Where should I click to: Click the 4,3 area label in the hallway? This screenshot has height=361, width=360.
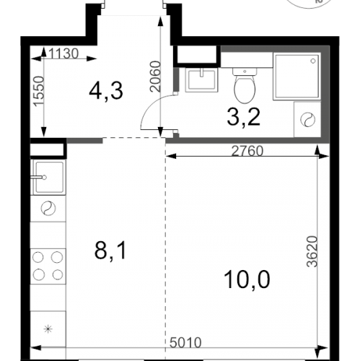coord(106,91)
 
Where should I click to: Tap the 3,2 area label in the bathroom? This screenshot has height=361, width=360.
coord(244,117)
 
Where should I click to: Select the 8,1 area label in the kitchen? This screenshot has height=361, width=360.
coord(110,251)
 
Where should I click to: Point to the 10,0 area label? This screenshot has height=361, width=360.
coord(247,279)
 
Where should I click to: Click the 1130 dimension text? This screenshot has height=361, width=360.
coord(63,53)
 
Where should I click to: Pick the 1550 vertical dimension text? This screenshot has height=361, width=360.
coord(39,91)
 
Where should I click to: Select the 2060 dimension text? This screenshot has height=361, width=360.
coord(155,77)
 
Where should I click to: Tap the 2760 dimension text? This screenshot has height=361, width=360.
coord(247,151)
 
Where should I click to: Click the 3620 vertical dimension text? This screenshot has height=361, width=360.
coord(312,251)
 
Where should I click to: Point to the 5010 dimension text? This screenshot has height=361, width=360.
coord(185,342)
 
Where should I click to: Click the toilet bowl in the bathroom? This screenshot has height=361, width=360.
coord(245,86)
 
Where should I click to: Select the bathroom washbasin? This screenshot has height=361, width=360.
coord(201,79)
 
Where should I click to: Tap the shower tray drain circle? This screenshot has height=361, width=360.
coord(313,61)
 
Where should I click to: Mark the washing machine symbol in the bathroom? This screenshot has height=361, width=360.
coord(307,120)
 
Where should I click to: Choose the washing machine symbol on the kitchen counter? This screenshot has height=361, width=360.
coord(48,208)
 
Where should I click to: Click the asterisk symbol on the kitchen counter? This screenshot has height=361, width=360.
coord(48,329)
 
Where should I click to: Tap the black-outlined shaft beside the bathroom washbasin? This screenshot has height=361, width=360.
coord(197,56)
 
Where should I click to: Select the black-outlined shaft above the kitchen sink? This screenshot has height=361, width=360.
coord(48,148)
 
